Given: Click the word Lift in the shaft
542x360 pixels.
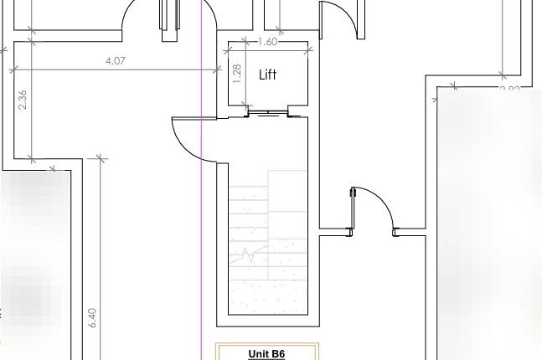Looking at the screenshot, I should click(268, 75).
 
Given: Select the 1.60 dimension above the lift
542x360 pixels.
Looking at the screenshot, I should click(268, 42).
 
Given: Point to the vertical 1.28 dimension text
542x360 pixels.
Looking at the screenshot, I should click(236, 75).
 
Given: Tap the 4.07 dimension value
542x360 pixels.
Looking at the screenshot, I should click(116, 60).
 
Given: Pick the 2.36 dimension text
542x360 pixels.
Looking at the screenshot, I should click(23, 100).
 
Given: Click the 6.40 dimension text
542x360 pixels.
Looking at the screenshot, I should click(92, 317).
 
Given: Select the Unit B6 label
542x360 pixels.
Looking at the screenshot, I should click(266, 353).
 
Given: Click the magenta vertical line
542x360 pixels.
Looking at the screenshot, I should click(202, 251).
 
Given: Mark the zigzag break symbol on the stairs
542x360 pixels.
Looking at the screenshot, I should click(248, 255).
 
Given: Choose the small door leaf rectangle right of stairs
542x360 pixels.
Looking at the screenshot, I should click(354, 195).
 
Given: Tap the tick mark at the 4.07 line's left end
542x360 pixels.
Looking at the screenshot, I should click(13, 69).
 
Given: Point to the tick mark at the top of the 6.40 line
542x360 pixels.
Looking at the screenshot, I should click(99, 157).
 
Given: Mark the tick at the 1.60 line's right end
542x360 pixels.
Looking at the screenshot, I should click(308, 49).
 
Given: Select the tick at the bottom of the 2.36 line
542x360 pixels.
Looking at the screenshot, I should click(31, 158).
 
